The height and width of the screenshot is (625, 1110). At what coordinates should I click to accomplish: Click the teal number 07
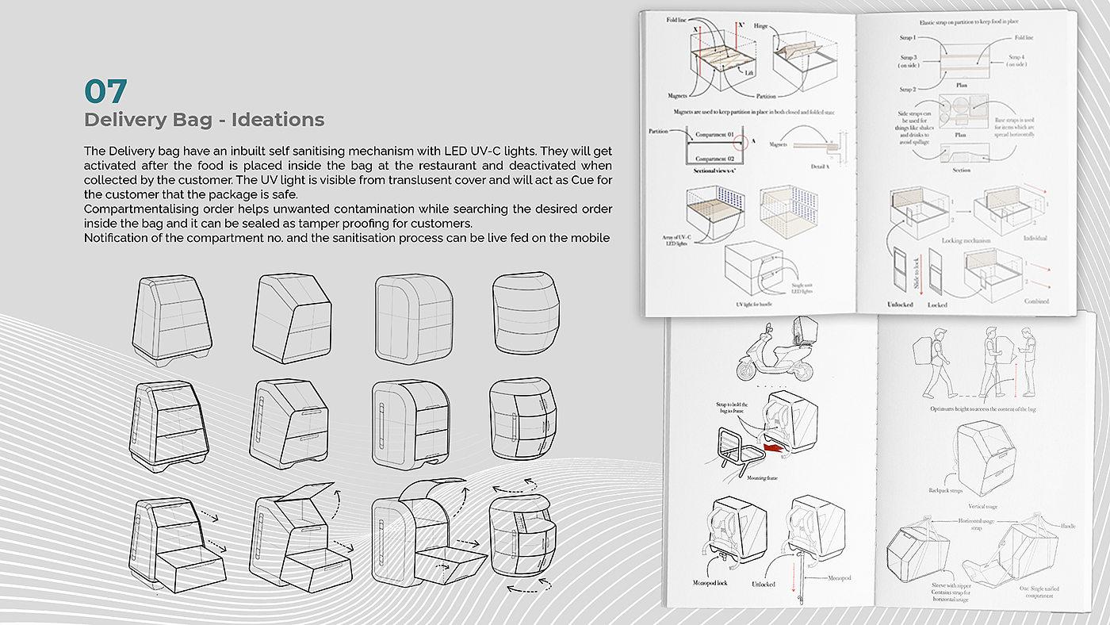[x=105, y=90]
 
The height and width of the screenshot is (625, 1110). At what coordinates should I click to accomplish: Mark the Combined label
[x=1035, y=301]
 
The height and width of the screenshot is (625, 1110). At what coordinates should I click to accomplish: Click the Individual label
[x=1035, y=238]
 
